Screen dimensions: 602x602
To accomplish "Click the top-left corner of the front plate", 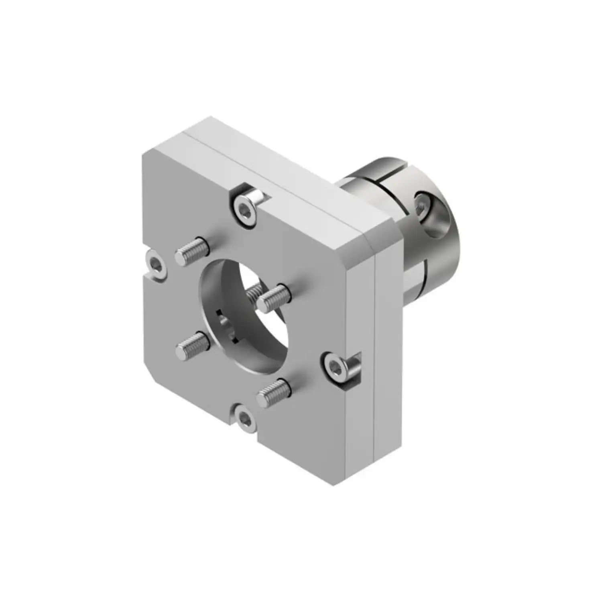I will tap(148, 155).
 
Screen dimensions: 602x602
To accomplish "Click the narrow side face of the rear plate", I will tap(387, 353).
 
